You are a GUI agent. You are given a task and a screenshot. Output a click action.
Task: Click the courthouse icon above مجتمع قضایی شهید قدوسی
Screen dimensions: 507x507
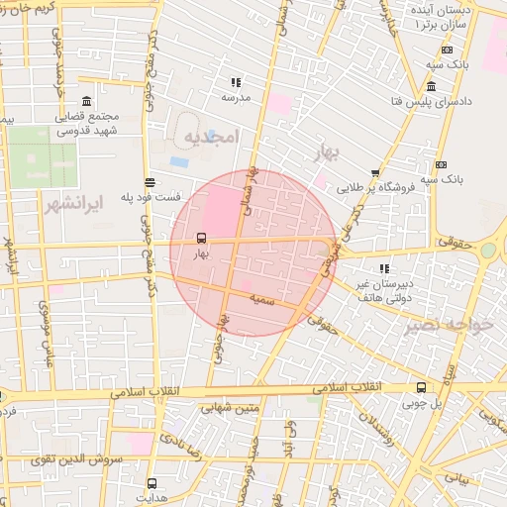[87, 101]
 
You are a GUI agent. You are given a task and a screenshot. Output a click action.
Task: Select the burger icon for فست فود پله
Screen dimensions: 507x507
[149, 182]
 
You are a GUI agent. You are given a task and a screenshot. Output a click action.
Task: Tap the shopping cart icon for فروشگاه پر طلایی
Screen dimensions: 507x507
[374, 172]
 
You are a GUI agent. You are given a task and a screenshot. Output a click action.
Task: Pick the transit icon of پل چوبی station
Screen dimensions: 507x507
[422, 387]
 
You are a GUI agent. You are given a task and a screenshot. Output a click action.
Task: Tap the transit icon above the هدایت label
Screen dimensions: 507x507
[151, 482]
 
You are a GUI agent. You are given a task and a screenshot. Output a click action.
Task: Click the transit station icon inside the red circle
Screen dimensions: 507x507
[202, 238]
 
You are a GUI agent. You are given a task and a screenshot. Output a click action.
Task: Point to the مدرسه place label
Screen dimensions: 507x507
[235, 98]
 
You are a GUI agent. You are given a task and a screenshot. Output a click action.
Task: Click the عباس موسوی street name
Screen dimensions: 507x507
[45, 332]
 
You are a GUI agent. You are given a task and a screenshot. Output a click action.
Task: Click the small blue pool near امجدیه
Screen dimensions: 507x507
[179, 160]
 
